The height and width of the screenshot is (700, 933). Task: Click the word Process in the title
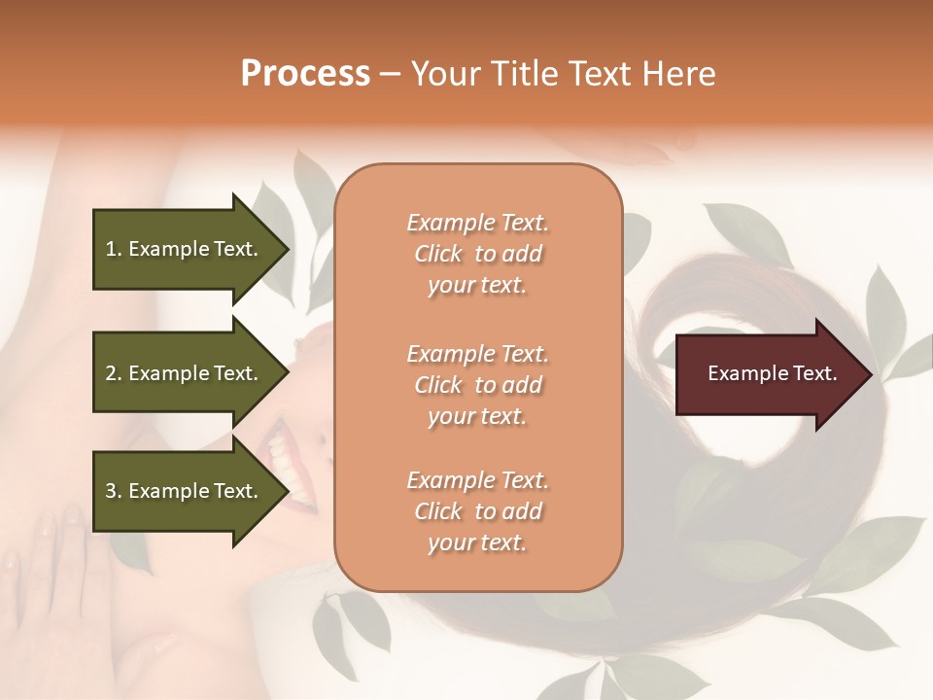(x=305, y=74)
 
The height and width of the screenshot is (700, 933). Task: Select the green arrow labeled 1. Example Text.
(x=185, y=249)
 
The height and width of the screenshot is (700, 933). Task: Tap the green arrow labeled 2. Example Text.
(x=185, y=373)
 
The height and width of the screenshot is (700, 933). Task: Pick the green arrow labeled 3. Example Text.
(x=185, y=491)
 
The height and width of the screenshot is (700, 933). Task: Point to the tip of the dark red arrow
(x=869, y=374)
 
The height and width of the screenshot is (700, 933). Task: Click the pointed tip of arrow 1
(x=287, y=249)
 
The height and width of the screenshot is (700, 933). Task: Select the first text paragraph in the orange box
(x=477, y=254)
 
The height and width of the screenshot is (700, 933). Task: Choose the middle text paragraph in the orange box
(x=477, y=385)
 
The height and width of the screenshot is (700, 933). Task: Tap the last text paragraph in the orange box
(x=477, y=511)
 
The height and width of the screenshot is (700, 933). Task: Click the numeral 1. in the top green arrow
(x=114, y=249)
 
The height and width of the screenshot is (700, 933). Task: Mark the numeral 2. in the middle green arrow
(x=114, y=373)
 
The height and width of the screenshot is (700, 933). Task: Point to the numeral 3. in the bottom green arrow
(x=114, y=491)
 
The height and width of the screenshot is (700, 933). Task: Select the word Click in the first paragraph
(x=438, y=254)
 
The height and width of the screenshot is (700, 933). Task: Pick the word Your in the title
(x=443, y=74)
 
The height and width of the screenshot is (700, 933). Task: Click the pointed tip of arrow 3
(x=287, y=491)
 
